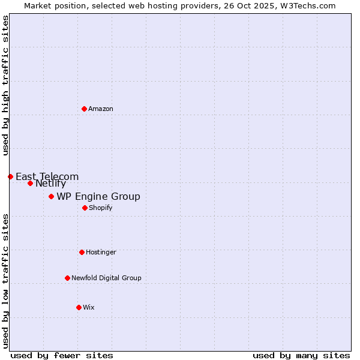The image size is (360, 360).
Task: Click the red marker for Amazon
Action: (84, 109)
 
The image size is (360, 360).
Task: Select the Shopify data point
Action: (85, 208)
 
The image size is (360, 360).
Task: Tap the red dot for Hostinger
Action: (82, 252)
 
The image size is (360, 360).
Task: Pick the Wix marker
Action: (79, 307)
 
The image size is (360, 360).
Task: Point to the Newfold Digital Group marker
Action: (67, 278)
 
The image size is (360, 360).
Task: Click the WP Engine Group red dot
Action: (51, 196)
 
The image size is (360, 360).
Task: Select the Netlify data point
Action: (30, 183)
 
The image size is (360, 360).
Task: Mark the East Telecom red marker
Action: (10, 176)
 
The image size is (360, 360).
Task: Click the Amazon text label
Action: (101, 109)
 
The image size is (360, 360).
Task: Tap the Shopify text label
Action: (100, 208)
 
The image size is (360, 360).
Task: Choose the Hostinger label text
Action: (101, 252)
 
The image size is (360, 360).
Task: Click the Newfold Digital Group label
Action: (106, 278)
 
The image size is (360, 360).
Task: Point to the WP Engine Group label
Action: (98, 196)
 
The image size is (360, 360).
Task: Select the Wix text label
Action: (89, 307)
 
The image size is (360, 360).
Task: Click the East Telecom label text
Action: (47, 176)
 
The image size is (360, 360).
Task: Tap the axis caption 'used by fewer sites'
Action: (62, 355)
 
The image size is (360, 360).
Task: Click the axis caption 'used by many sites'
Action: (301, 355)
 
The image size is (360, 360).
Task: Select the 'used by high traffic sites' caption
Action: (5, 85)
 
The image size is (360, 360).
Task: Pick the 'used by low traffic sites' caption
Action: (5, 281)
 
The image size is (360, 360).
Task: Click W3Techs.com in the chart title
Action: (309, 5)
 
